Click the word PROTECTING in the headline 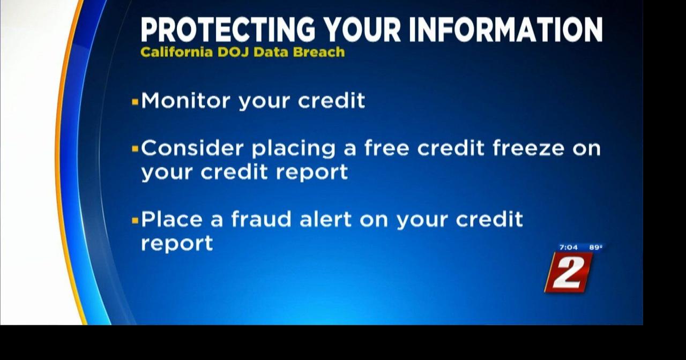pos(228,30)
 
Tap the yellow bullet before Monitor pos(135,101)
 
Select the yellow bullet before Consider pos(135,148)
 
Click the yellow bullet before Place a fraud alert pos(135,220)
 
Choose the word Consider pos(192,148)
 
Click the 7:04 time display pos(569,247)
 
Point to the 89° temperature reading pos(595,247)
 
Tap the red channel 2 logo pos(569,273)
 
